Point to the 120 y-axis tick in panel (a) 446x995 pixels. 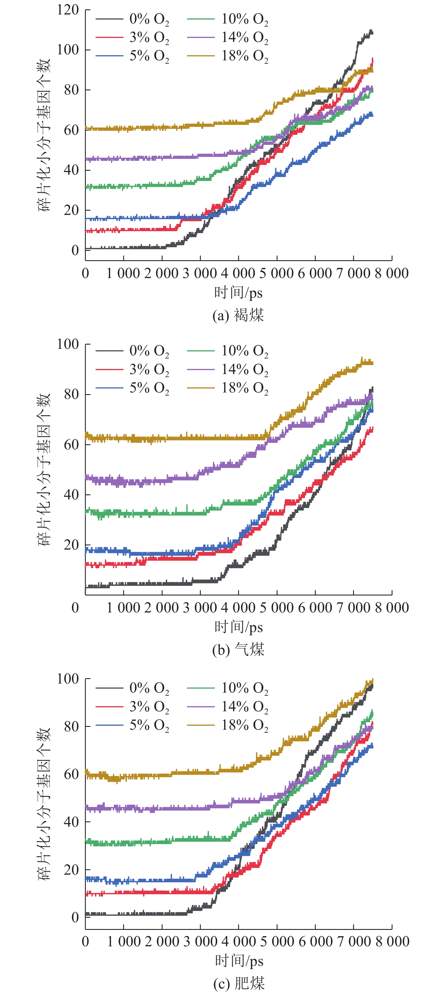pyautogui.click(x=68, y=10)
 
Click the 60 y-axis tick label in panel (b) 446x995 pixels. pyautogui.click(x=71, y=445)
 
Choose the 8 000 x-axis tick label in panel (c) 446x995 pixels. pyautogui.click(x=392, y=941)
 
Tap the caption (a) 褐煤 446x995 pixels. pyautogui.click(x=238, y=315)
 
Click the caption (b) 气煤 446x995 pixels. pyautogui.click(x=238, y=650)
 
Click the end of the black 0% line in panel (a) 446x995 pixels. pyautogui.click(x=372, y=33)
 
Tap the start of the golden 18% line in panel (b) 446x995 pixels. pyautogui.click(x=86, y=435)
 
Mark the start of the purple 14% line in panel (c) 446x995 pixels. pyautogui.click(x=86, y=807)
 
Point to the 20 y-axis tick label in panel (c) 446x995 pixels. pyautogui.click(x=71, y=870)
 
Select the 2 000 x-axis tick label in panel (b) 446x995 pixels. pyautogui.click(x=162, y=608)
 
